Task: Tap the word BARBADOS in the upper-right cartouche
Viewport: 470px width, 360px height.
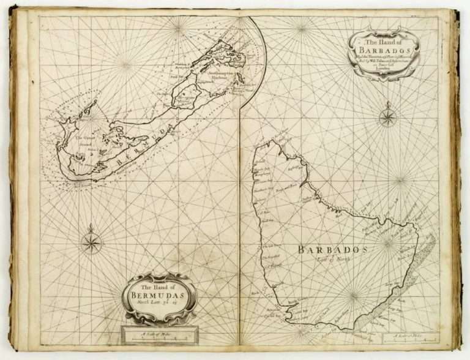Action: point(384,50)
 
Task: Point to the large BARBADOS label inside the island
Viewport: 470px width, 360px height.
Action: point(332,250)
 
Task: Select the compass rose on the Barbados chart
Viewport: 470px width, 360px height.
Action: point(387,117)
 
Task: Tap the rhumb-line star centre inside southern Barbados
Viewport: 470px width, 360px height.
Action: point(352,298)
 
